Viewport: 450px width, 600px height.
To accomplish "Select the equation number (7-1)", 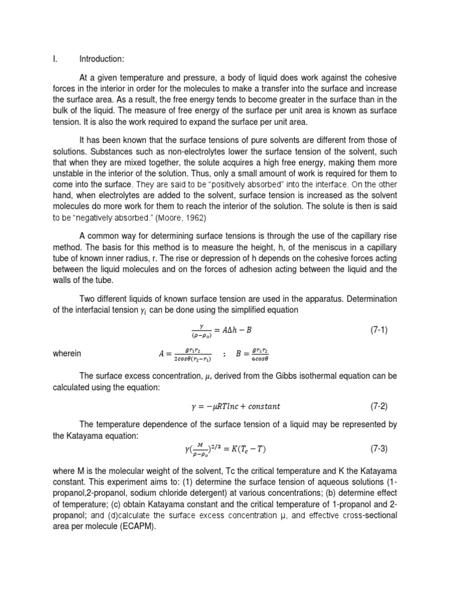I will tap(378, 330).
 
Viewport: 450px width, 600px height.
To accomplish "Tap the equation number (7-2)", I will tap(378, 405).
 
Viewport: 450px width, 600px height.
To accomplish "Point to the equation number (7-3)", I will tap(378, 449).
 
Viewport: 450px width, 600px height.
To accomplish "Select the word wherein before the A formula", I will tap(67, 353).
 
